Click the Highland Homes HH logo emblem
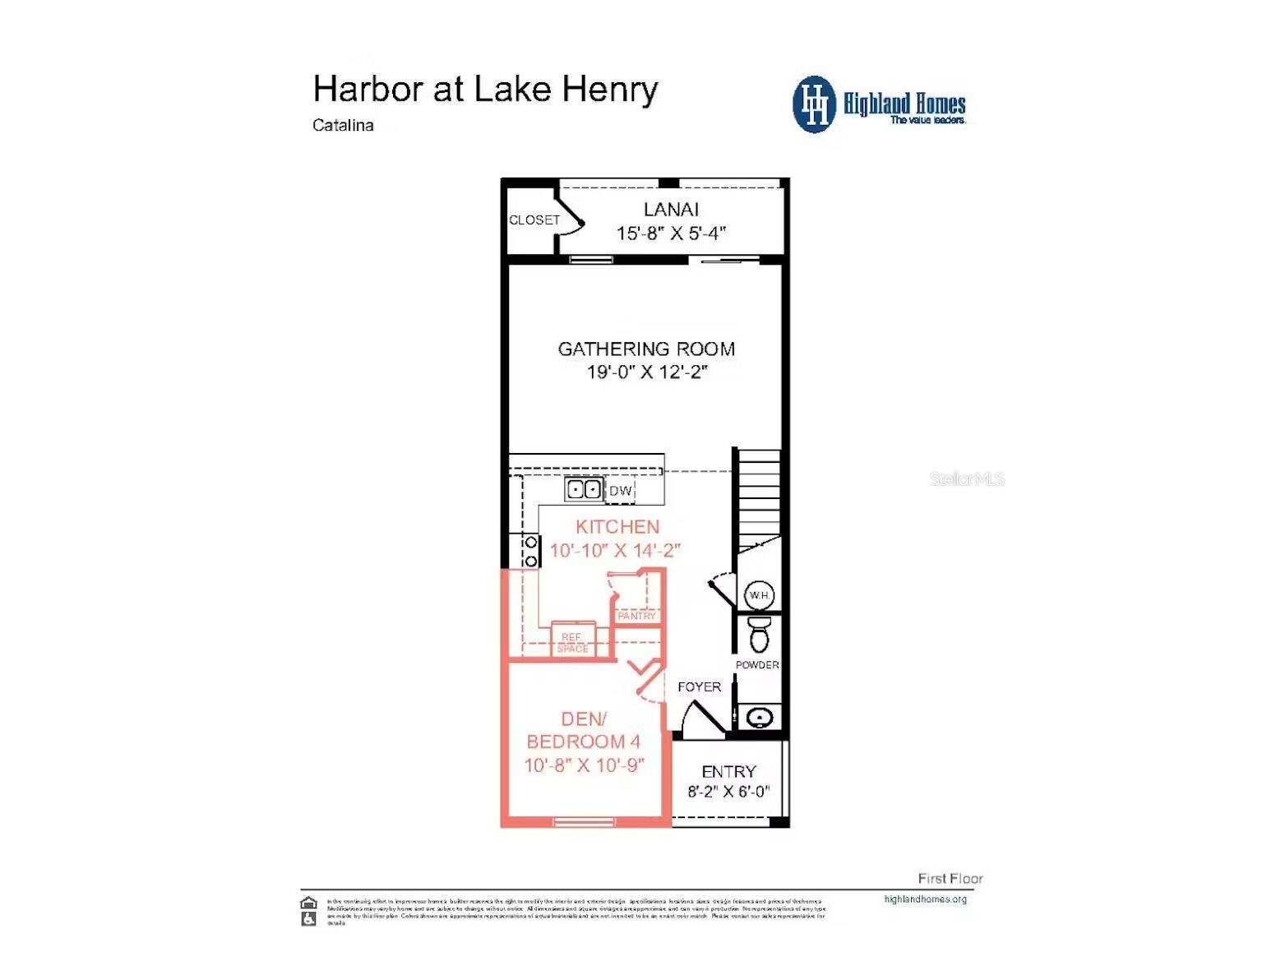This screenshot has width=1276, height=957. point(814,104)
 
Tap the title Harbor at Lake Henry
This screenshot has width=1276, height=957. point(485,90)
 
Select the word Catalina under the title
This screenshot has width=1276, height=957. point(343,126)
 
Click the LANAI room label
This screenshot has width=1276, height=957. point(671,210)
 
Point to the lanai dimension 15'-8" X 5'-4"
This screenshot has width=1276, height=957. point(671,233)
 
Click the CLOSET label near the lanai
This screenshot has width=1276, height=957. point(534,220)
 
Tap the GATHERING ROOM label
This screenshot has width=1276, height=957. point(646,349)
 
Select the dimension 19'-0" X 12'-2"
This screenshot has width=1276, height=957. point(646,372)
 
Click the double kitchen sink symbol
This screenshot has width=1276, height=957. point(584,490)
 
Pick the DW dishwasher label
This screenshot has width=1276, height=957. point(621,491)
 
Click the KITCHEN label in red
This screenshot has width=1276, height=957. point(617,527)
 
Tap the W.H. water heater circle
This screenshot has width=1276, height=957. point(759,595)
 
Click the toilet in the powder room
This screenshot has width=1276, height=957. point(760,634)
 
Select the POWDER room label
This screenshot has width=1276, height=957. point(757,665)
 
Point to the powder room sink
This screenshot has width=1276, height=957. point(760,718)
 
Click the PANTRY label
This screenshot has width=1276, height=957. point(636,616)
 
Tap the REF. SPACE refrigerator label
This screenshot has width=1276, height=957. point(572,643)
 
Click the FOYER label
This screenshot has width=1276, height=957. point(699,687)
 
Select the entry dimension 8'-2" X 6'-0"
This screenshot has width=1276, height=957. point(728,792)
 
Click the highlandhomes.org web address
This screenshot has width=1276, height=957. point(925,899)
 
